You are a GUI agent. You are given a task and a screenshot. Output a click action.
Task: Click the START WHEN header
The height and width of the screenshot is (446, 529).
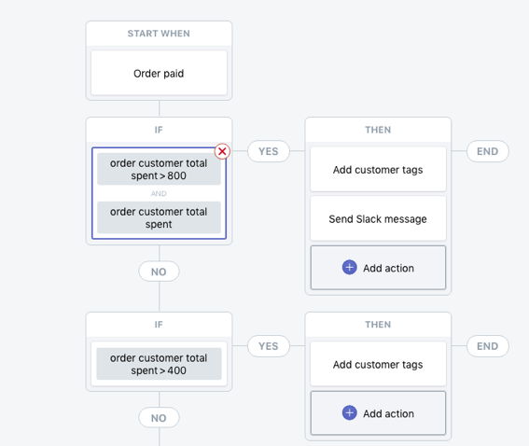pos(159,34)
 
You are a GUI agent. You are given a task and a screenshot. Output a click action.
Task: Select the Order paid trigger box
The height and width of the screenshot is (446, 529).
pos(159,73)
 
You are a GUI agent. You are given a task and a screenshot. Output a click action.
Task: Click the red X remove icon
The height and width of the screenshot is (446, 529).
pos(222,151)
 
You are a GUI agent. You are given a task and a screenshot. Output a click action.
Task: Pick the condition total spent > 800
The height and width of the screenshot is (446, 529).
pos(159,169)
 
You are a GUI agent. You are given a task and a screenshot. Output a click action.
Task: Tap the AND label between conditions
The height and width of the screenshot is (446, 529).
pos(159,194)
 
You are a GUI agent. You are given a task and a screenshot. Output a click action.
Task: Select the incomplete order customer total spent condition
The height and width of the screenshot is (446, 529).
pos(159,217)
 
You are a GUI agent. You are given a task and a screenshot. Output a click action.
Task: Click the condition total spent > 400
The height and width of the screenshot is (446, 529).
pos(159,364)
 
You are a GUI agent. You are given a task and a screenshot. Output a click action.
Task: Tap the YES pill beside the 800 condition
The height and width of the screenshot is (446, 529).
pos(269,151)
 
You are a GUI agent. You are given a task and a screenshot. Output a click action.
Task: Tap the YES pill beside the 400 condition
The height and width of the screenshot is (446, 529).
pos(269,346)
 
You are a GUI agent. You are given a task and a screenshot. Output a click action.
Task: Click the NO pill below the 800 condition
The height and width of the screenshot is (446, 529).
pos(159,272)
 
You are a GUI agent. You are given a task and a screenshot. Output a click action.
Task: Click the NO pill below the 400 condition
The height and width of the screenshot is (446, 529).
pos(159,418)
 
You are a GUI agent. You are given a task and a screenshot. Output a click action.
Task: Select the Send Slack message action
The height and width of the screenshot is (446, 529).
pos(378,218)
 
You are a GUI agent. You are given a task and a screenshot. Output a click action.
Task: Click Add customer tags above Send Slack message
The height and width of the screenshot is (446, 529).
pos(378,170)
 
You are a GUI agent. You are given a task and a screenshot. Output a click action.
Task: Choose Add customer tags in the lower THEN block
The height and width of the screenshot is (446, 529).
pos(378,364)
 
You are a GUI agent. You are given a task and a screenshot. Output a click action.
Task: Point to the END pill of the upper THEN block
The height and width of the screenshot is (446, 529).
pos(488,151)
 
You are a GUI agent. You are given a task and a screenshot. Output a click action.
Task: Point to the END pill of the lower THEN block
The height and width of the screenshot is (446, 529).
pos(488,346)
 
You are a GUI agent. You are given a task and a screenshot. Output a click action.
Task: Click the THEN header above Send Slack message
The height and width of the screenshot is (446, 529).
pos(378,130)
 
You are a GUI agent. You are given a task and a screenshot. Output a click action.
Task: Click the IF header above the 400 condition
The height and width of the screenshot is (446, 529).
pos(159,325)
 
